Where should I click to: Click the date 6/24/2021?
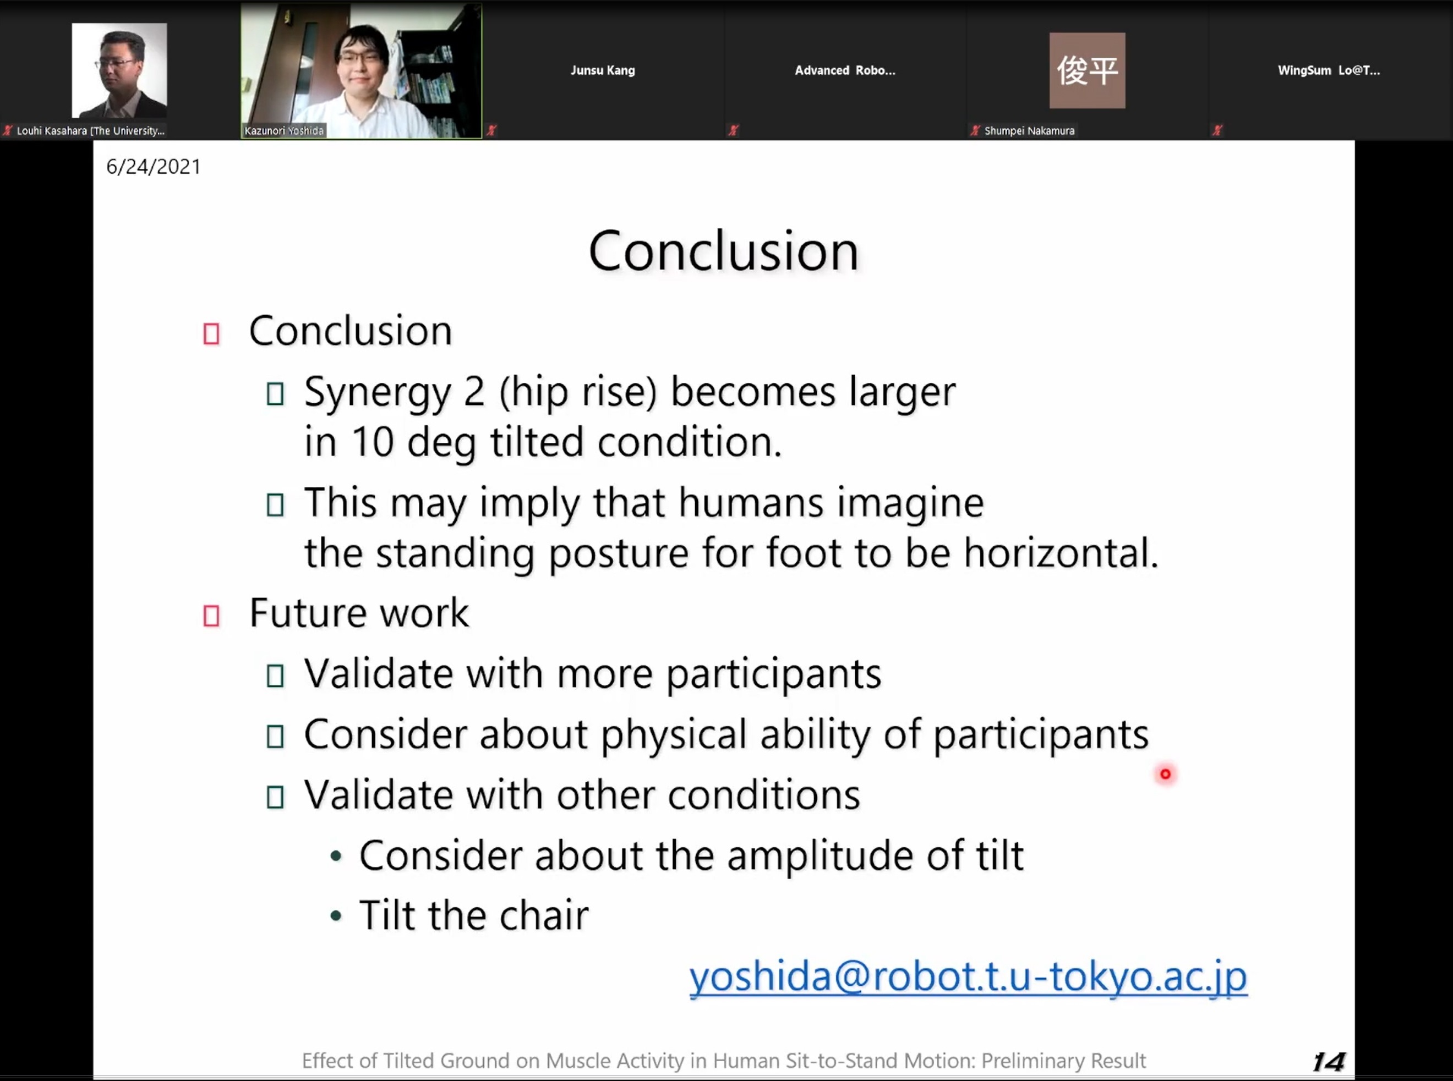(153, 167)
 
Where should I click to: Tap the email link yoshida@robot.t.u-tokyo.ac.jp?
(968, 977)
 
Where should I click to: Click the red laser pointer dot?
(1165, 774)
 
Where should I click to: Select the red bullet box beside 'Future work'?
(211, 616)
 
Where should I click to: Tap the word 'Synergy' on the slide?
(378, 393)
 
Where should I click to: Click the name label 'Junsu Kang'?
(602, 70)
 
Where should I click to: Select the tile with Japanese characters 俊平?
(1087, 70)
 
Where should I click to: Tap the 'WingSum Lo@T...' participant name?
(1329, 70)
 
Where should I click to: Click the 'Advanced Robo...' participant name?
(845, 70)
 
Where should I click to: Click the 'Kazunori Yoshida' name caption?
(284, 131)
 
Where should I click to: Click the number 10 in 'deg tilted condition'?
(373, 442)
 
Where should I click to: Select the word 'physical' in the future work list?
(674, 735)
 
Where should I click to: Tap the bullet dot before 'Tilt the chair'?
(336, 915)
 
